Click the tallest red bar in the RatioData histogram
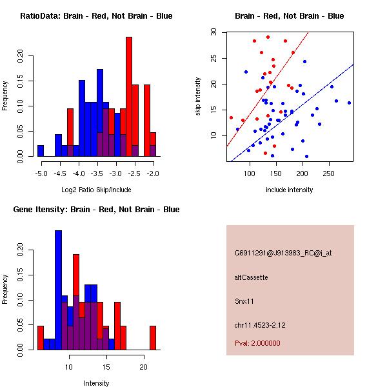coord(129,97)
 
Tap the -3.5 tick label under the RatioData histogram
coord(97,174)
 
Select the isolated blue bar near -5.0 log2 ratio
coord(41,151)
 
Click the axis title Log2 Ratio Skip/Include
coord(96,190)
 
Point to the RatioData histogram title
coord(96,16)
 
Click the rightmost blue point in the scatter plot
coord(349,103)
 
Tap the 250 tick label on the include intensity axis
coord(329,174)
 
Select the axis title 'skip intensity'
coord(198,96)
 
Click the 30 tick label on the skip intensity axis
coord(213,32)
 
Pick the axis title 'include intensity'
coord(289,190)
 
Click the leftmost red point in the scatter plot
coord(231,118)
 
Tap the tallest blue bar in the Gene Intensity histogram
coord(59,290)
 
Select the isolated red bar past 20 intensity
coord(153,338)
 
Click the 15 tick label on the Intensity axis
coord(106,367)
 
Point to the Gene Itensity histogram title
coord(96,210)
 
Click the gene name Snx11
coord(244,301)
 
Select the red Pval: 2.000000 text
coord(257,343)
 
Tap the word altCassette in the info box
coord(251,277)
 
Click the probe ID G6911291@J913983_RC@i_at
coord(283,253)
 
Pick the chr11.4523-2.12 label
coord(260,325)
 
